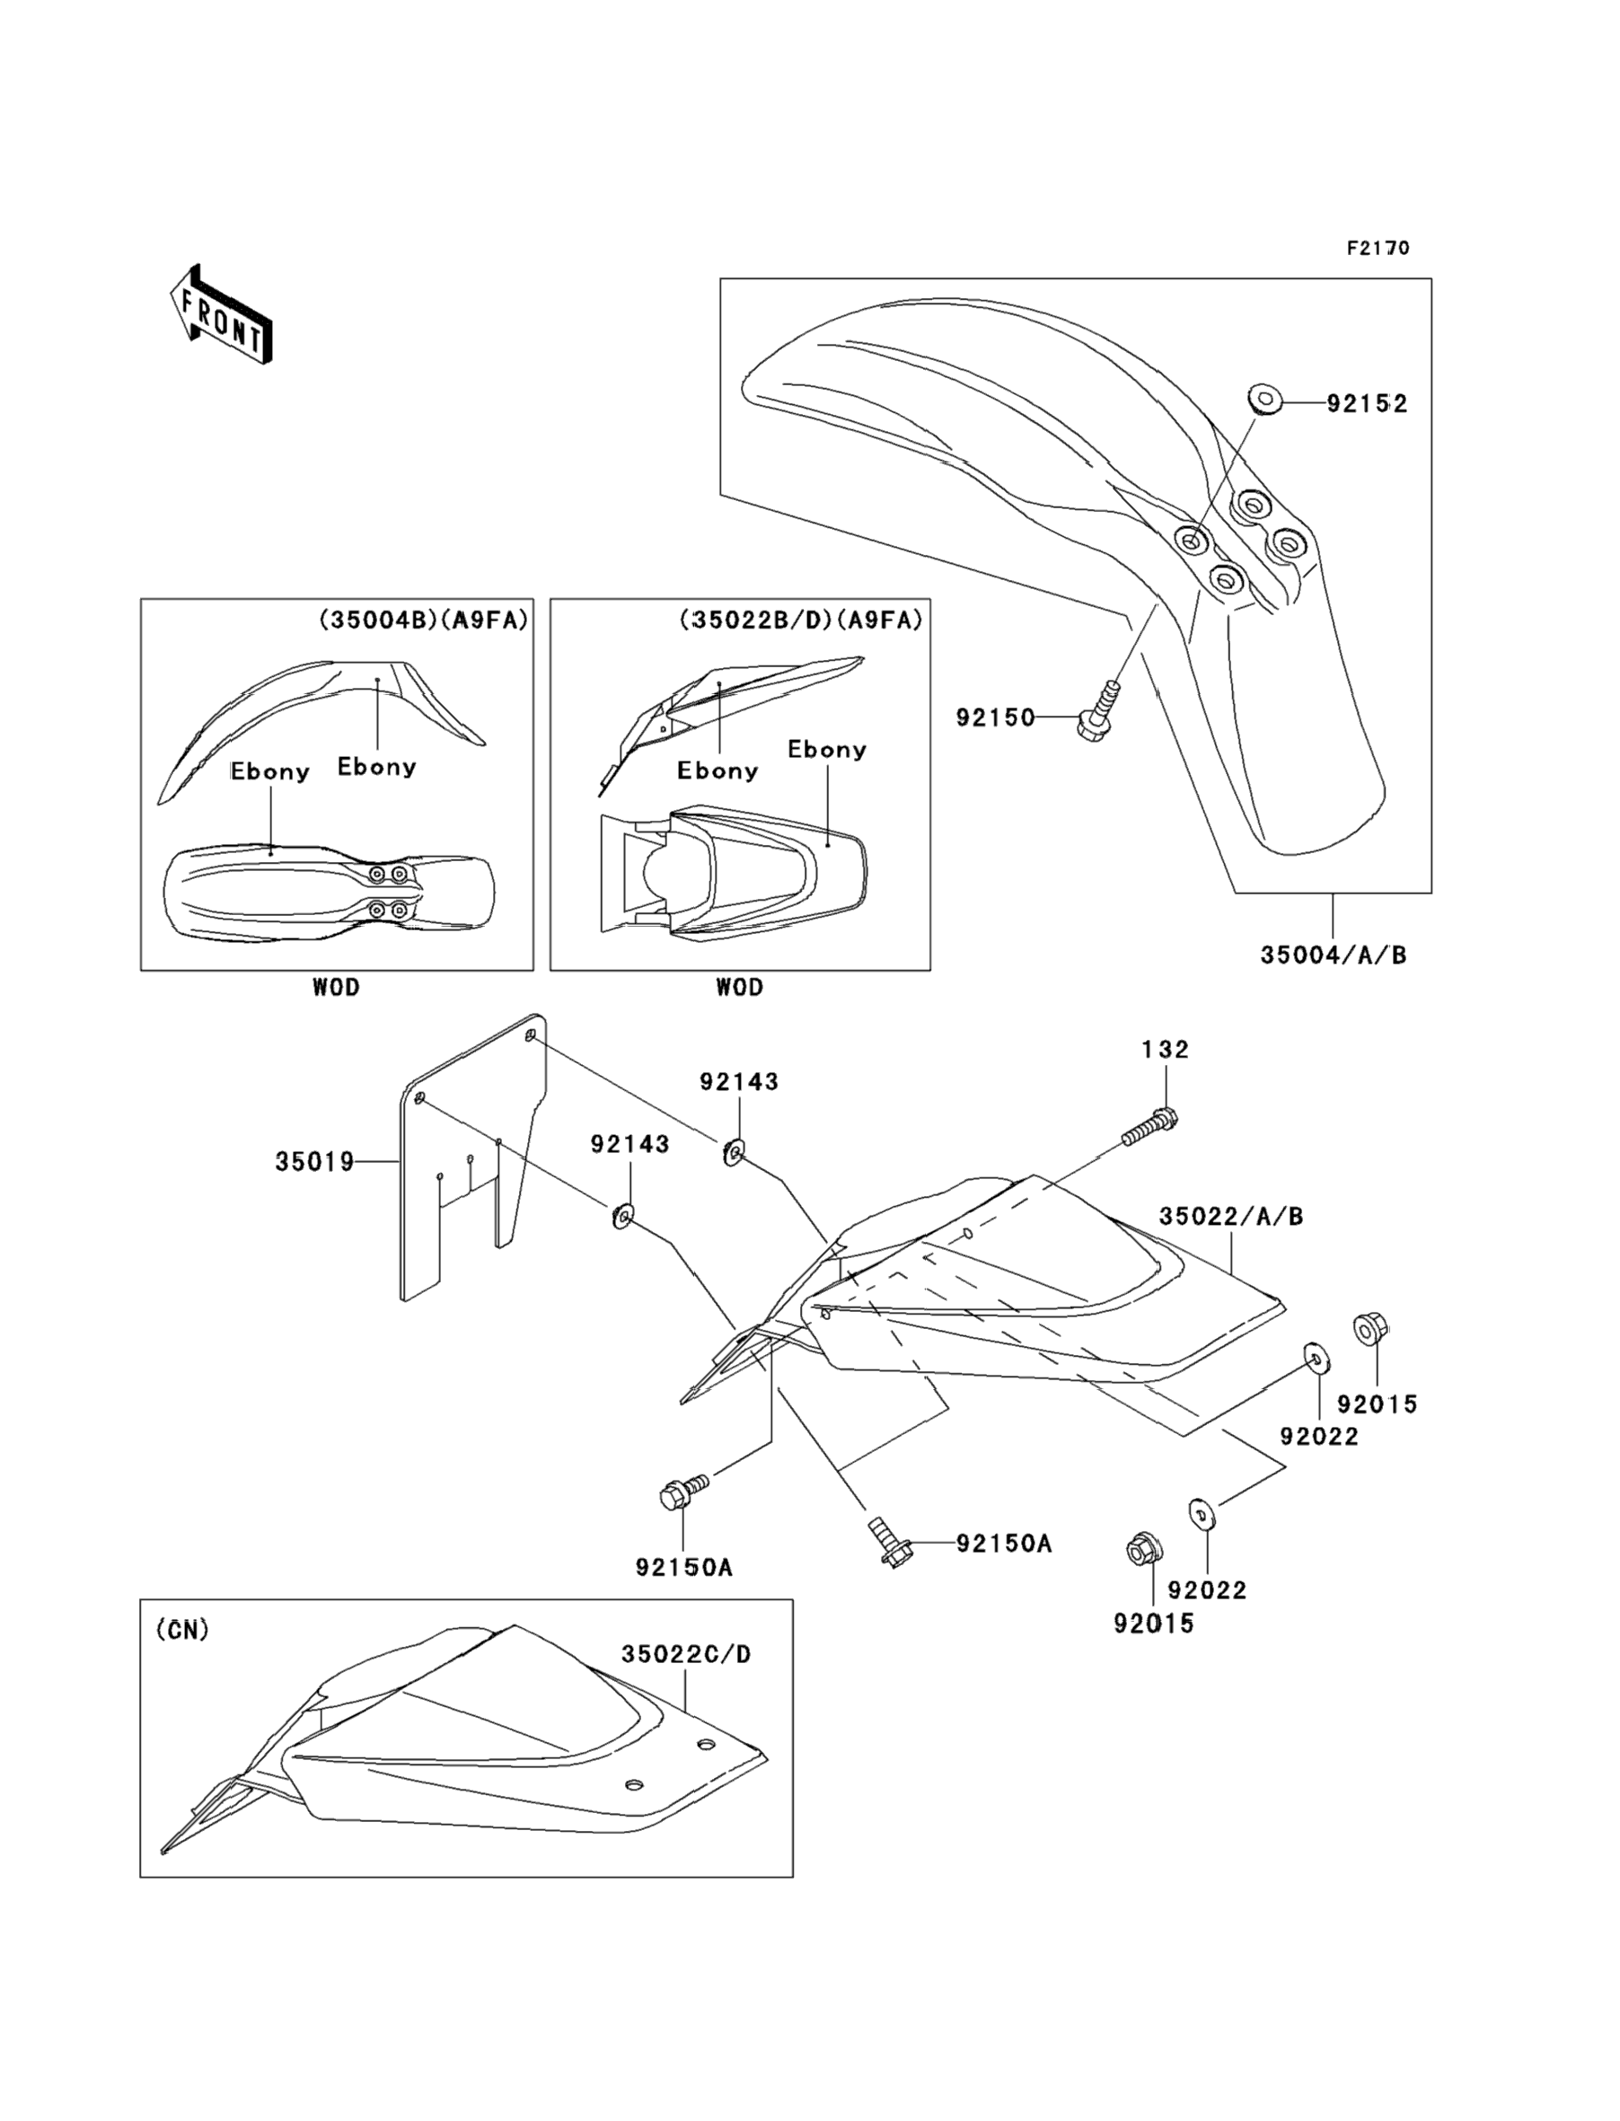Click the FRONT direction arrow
coord(220,314)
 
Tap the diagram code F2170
coord(1378,249)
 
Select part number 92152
coord(1367,404)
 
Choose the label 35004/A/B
coord(1333,955)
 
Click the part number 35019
coord(314,1163)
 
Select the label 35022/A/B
coord(1230,1217)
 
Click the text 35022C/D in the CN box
coord(685,1654)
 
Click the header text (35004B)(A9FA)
coord(424,620)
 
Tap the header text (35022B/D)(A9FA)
coord(800,620)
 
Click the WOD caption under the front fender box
coord(336,987)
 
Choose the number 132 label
coord(1165,1049)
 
